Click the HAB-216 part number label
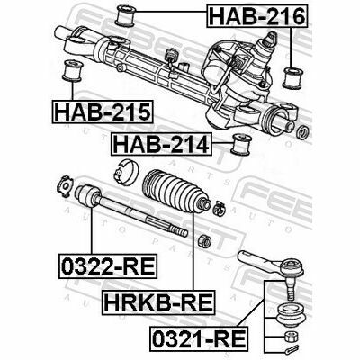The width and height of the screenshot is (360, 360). tap(257, 16)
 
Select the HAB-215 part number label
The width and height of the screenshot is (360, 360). tap(103, 112)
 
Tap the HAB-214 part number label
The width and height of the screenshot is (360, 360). tap(161, 144)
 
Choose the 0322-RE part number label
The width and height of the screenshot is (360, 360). tap(108, 265)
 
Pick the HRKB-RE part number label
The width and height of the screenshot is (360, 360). tap(158, 302)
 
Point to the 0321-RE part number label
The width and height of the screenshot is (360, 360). tap(199, 338)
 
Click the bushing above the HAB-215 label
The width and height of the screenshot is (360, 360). tap(72, 71)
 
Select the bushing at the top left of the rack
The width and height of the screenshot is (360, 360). tap(126, 15)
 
